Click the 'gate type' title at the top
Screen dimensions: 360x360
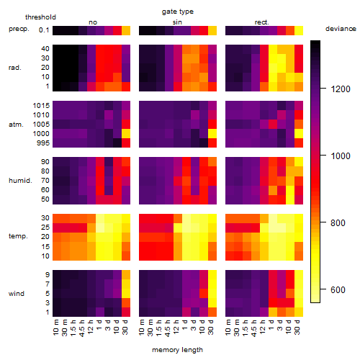[x=178, y=12]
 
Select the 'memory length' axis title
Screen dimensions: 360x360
[x=177, y=350]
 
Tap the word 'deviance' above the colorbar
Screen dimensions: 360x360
[x=341, y=29]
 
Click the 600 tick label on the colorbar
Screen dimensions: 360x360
[x=338, y=290]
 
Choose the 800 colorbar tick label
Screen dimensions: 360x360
[x=338, y=223]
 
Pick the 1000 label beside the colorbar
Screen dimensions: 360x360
[x=341, y=156]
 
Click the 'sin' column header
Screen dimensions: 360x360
[x=177, y=22]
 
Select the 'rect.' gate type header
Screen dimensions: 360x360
[x=261, y=22]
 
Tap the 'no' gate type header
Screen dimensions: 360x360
[x=93, y=22]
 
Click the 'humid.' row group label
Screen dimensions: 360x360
[x=20, y=181]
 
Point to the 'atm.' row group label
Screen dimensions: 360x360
[x=16, y=125]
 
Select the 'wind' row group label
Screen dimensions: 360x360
[x=17, y=294]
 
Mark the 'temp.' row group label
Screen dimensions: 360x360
[x=18, y=236]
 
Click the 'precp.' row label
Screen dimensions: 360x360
[x=19, y=30]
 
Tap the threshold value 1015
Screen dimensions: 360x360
[x=41, y=106]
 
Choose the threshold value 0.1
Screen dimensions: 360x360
[x=44, y=30]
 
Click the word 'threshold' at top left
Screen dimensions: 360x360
[x=40, y=17]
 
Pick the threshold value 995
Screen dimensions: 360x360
[x=43, y=143]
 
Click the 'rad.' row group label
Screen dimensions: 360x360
[x=15, y=68]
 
